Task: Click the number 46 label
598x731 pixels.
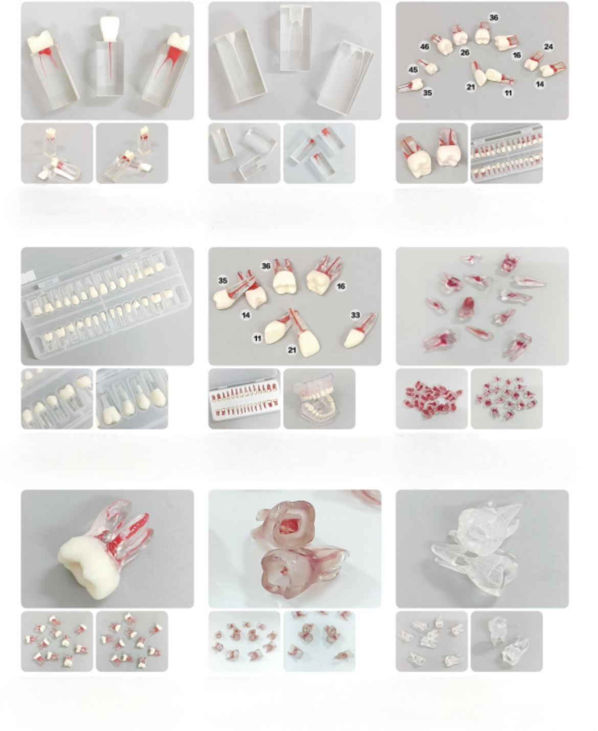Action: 425,46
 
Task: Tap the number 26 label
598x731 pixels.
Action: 465,52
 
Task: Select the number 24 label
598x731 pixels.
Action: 548,47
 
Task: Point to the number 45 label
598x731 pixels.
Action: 413,70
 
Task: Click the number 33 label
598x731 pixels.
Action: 355,315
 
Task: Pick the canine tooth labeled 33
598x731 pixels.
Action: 361,331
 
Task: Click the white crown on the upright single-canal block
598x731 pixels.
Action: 110,29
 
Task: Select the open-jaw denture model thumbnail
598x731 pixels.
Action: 319,398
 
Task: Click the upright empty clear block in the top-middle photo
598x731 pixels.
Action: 296,38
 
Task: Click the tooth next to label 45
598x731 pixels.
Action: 429,67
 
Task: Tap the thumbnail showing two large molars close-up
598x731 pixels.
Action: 431,153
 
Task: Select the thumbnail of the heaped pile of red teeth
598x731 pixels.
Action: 431,398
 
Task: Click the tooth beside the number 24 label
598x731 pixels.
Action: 534,61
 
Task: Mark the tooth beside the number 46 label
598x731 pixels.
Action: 442,44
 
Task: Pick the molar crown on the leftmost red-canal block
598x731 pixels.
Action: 40,41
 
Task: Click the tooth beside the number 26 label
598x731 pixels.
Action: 459,35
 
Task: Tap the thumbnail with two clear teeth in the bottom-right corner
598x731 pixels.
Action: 507,641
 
